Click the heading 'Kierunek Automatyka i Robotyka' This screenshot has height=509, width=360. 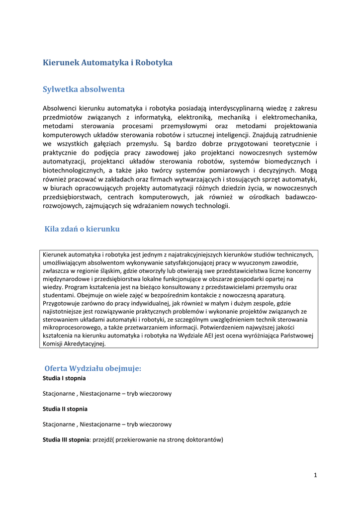pyautogui.click(x=107, y=63)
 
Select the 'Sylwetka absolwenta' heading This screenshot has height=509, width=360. pyautogui.click(x=84, y=89)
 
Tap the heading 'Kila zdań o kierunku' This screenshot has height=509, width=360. pyautogui.click(x=82, y=229)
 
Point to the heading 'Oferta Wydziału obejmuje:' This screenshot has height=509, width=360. pyautogui.click(x=93, y=368)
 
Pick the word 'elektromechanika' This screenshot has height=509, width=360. pyautogui.click(x=290, y=117)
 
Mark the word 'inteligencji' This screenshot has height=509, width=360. pyautogui.click(x=231, y=135)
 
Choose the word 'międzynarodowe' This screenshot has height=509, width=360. pyautogui.click(x=66, y=279)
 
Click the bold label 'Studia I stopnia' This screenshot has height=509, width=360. pyautogui.click(x=64, y=378)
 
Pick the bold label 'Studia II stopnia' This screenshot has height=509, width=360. pyautogui.click(x=65, y=409)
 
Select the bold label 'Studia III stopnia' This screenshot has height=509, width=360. pyautogui.click(x=66, y=440)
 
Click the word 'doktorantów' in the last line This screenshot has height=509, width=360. pyautogui.click(x=203, y=440)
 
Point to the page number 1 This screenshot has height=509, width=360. pyautogui.click(x=315, y=476)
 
